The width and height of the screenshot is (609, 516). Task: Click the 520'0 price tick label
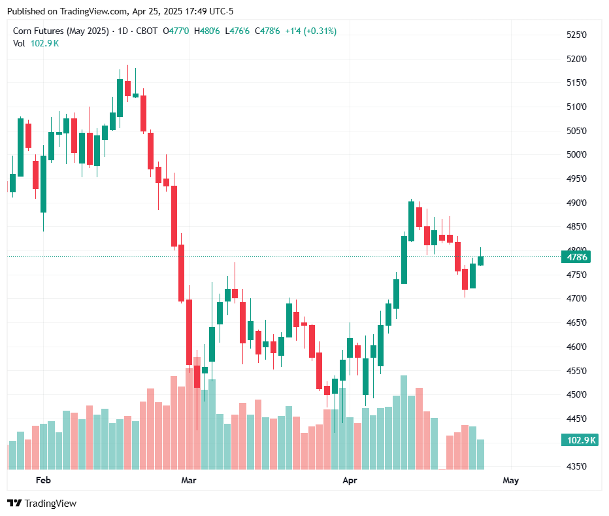point(576,59)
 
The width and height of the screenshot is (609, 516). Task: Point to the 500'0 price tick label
point(576,155)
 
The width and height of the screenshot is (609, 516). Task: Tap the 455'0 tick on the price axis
point(576,371)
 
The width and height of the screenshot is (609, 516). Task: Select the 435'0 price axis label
point(576,466)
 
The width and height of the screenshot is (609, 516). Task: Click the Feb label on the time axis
point(43,481)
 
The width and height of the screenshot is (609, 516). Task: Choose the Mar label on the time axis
point(189,481)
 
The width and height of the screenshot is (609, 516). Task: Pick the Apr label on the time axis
point(350,481)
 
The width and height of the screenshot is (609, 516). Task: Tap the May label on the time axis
point(510,481)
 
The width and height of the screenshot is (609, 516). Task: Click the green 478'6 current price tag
point(577,257)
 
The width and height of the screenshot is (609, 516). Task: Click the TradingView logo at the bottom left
point(42,503)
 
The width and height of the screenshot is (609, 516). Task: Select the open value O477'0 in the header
point(176,31)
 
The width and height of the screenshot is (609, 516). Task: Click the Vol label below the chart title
point(19,43)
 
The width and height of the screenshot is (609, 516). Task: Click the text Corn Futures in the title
point(39,31)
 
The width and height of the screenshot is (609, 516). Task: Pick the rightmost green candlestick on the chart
point(480,260)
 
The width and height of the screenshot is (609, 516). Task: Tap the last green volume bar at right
point(480,454)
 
